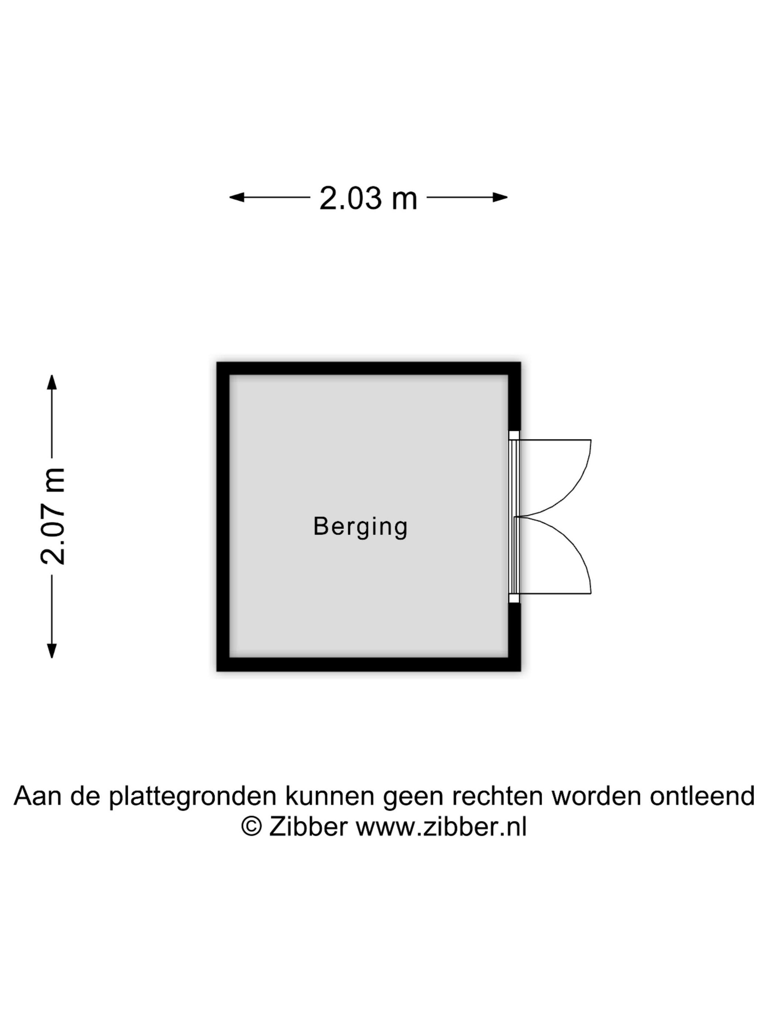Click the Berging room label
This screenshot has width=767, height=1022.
(x=360, y=527)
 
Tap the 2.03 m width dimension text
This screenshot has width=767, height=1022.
(x=368, y=198)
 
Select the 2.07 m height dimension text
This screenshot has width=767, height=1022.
(x=52, y=516)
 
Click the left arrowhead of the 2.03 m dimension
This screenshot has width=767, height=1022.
(x=237, y=197)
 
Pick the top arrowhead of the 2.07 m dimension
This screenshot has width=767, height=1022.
(x=52, y=382)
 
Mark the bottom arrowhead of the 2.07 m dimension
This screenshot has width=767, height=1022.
(x=52, y=650)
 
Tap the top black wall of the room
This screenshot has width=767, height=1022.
(x=369, y=369)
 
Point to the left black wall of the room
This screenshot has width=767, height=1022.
(x=223, y=516)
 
